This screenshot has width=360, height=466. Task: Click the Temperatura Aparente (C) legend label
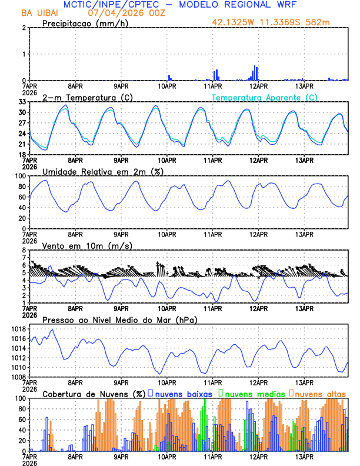[x=265, y=97]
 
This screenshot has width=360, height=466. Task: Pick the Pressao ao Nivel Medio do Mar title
[x=119, y=319]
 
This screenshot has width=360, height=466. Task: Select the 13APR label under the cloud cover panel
[x=304, y=457]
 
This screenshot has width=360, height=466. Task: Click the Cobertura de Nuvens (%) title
[x=94, y=394]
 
